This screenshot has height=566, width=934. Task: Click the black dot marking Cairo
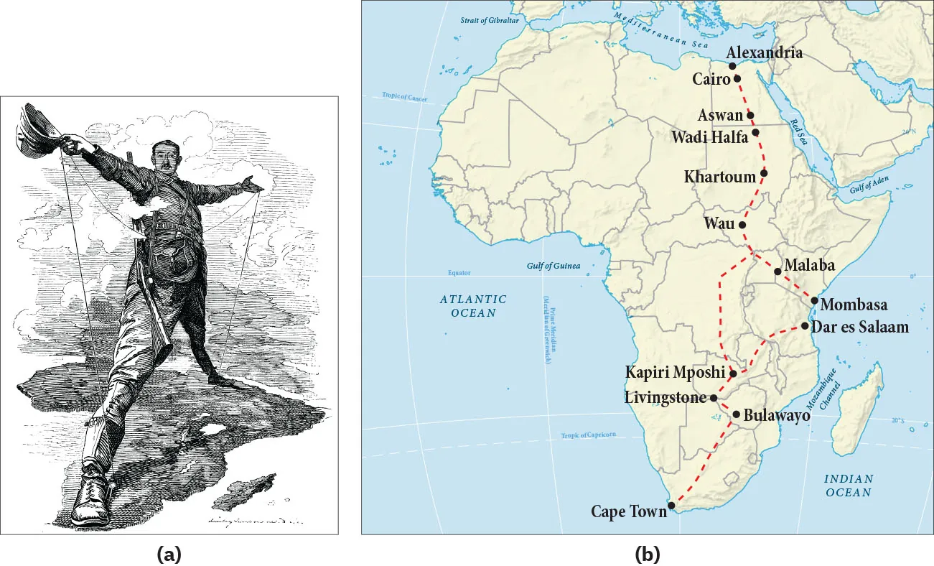click(x=737, y=78)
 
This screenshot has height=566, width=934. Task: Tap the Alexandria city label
click(x=764, y=53)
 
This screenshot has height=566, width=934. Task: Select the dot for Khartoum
click(x=764, y=173)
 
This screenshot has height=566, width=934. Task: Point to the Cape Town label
click(x=628, y=511)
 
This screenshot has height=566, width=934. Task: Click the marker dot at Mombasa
click(x=814, y=300)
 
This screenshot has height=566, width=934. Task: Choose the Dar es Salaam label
click(x=864, y=327)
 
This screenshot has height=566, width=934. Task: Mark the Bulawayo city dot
click(x=736, y=414)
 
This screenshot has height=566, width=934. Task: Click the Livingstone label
click(x=666, y=397)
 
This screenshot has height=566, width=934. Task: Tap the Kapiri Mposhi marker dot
click(x=733, y=374)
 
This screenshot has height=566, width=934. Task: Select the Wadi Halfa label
click(x=709, y=136)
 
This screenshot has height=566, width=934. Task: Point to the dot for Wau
click(x=742, y=225)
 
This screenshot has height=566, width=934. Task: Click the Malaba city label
click(x=808, y=264)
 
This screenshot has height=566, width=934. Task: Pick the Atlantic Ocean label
click(x=473, y=305)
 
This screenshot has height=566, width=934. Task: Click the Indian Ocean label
click(x=848, y=486)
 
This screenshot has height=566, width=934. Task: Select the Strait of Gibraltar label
click(x=485, y=20)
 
